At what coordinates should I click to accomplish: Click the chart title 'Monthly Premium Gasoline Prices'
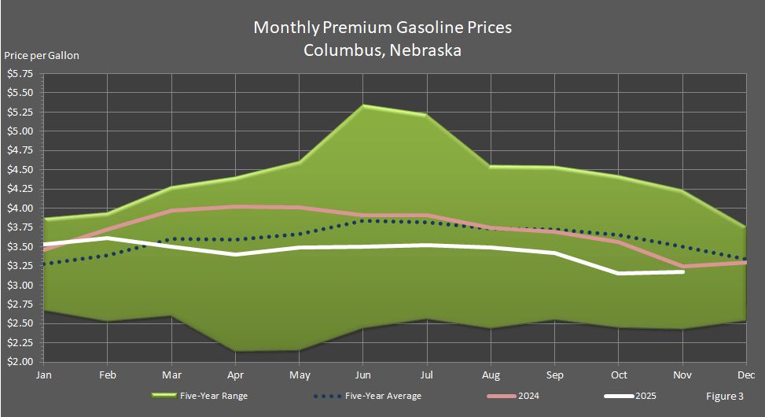[x=382, y=28]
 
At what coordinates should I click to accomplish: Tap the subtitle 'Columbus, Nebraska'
[x=382, y=50]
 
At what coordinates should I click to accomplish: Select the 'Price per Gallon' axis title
[x=42, y=55]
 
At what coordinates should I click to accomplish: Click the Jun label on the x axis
[x=363, y=376]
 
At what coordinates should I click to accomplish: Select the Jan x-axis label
[x=43, y=376]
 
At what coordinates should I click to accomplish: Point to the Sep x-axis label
[x=556, y=376]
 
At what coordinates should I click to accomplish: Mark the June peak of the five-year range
[x=363, y=105]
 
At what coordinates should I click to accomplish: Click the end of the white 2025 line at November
[x=683, y=271]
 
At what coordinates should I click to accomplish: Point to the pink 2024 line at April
[x=235, y=207]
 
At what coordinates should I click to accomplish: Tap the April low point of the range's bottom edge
[x=235, y=351]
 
